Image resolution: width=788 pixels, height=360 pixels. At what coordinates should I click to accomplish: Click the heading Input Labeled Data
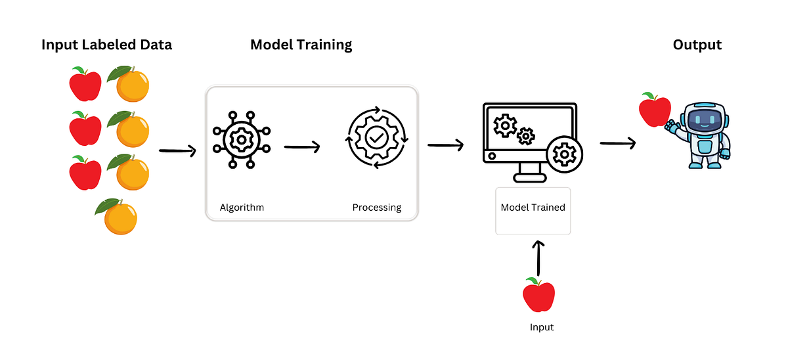tap(106, 45)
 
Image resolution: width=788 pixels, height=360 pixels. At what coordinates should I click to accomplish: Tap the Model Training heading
tap(301, 45)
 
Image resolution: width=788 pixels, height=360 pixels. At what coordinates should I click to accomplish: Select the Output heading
tap(697, 45)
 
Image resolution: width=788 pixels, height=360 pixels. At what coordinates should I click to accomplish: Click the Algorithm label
tap(242, 208)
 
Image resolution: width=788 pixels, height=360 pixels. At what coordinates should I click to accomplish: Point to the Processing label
tap(376, 208)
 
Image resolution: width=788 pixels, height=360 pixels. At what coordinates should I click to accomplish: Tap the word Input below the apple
tap(542, 327)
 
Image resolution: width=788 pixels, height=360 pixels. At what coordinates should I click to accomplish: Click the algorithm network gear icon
tap(241, 139)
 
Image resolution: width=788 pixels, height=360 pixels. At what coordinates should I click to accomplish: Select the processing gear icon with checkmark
tap(376, 139)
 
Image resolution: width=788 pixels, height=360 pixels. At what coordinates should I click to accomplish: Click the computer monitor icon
tap(525, 138)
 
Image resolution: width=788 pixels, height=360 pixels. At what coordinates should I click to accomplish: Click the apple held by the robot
tap(655, 110)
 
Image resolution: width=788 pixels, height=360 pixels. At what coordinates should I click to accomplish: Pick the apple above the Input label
tap(539, 294)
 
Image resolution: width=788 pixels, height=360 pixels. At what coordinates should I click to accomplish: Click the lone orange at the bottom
tap(119, 217)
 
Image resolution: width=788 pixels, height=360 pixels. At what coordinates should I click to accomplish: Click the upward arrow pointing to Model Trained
tap(539, 258)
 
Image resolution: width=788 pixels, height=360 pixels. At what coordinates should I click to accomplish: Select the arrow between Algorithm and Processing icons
tap(302, 147)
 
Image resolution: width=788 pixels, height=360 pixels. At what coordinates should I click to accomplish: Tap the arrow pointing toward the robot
tap(618, 143)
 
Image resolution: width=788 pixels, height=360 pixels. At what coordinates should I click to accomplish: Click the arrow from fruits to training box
tap(178, 151)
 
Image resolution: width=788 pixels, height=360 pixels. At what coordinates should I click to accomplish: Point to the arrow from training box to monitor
tap(445, 145)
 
